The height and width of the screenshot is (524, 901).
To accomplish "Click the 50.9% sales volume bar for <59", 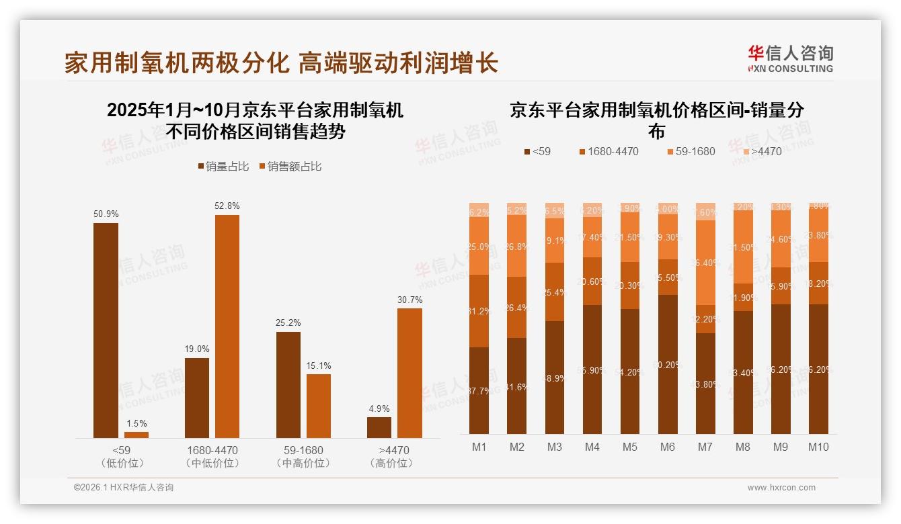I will pos(106,331).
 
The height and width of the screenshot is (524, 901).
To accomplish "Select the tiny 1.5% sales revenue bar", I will pos(136,435).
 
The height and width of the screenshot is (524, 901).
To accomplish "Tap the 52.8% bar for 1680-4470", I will pos(227,326).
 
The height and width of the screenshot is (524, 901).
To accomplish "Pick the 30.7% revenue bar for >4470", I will pos(409,373).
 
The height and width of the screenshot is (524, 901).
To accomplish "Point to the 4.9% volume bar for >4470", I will pos(379,427).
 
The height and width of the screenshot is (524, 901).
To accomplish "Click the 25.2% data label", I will pos(288,322).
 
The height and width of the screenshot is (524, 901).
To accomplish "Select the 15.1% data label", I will pos(319,365).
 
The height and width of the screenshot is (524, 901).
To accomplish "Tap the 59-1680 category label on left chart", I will pos(299,450).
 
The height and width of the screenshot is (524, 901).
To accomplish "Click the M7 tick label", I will pos(705,447).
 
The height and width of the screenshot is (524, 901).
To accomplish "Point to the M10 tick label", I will pos(818,447).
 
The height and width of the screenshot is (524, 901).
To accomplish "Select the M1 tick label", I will pos(479,447).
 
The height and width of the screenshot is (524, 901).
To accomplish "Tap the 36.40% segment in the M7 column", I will pos(705,263).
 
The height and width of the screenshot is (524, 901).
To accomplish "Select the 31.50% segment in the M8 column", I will pos(743,247).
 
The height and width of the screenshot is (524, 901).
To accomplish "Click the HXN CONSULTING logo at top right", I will pos(790,58).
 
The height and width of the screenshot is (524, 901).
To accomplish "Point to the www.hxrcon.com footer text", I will pos(781,488).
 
